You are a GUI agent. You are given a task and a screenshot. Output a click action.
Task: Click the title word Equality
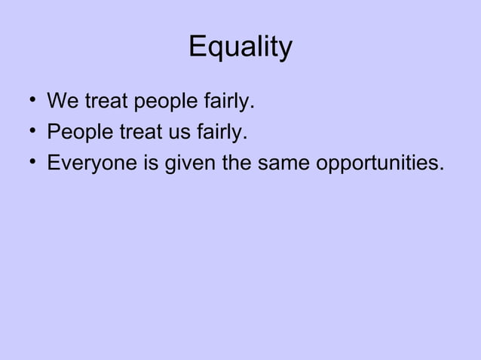[240, 47]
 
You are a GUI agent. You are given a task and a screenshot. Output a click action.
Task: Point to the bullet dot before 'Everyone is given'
[27, 163]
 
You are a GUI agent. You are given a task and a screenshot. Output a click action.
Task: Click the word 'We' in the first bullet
[61, 100]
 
